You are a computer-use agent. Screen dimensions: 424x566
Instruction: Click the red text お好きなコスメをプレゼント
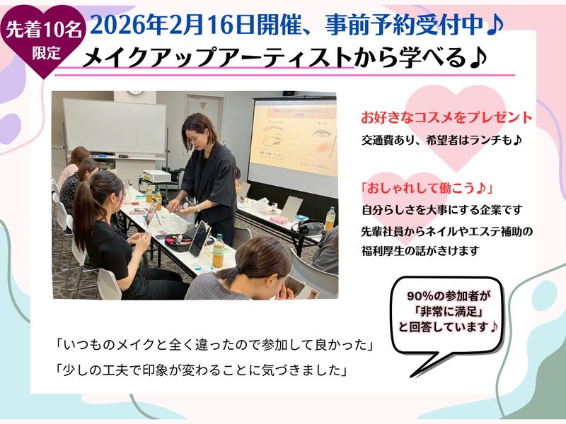tap(446, 117)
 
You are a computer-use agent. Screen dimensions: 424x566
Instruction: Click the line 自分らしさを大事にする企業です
tap(443, 210)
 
